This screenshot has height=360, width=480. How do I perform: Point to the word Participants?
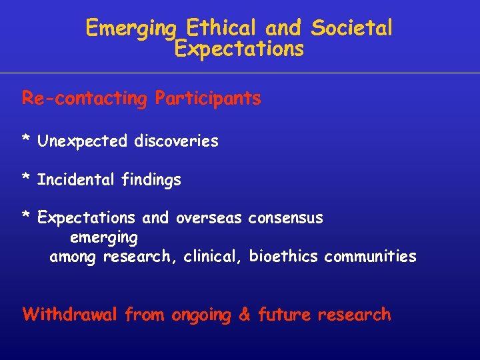(208, 99)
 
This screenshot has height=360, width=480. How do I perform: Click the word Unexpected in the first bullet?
(82, 141)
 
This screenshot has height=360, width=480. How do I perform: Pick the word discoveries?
(176, 141)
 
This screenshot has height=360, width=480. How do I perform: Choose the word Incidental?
(77, 180)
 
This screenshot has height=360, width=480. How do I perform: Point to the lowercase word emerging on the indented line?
(104, 238)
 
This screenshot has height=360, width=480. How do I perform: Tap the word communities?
(370, 257)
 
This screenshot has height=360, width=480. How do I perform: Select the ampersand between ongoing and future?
(245, 315)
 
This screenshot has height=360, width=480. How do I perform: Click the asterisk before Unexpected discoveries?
(26, 140)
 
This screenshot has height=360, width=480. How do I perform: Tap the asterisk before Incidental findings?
(26, 179)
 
